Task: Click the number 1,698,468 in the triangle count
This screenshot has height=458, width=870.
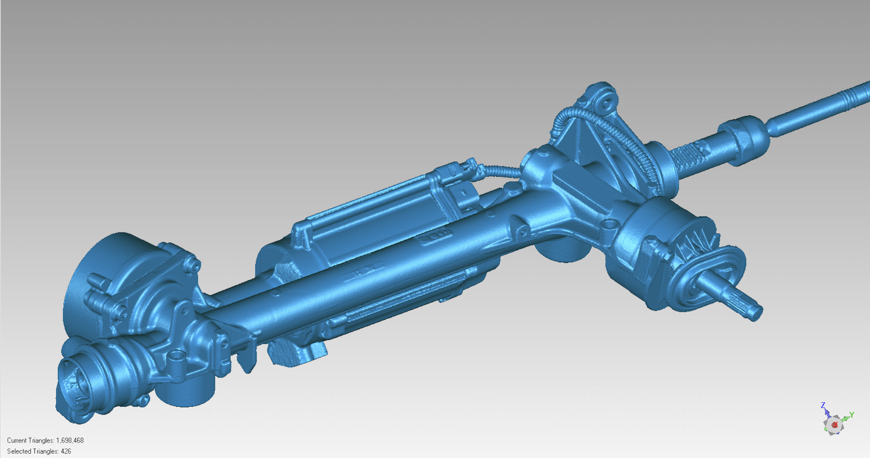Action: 70,440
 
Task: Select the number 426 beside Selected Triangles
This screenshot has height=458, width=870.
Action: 66,451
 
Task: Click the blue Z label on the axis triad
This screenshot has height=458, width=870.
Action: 823,405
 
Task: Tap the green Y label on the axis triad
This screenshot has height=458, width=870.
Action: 852,415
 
